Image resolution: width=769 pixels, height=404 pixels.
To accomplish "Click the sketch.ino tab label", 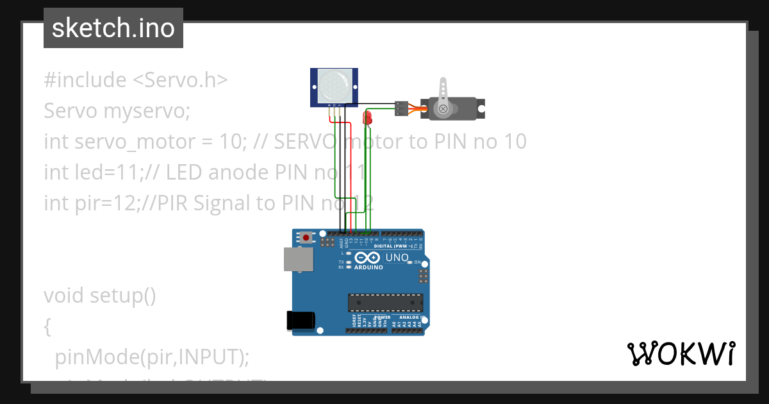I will [x=113, y=28].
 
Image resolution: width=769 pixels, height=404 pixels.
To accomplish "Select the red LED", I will [x=368, y=117].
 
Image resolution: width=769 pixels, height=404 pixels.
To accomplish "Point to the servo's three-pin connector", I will [x=402, y=108].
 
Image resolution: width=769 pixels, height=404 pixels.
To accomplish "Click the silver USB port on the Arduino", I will [x=299, y=260].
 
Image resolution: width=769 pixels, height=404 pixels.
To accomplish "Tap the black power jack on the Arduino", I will [x=302, y=320].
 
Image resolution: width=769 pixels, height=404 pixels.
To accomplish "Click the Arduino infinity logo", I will [x=367, y=258].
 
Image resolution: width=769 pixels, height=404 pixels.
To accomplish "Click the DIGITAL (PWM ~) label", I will [x=393, y=246].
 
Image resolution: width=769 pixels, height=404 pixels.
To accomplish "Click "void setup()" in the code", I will [x=100, y=296].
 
